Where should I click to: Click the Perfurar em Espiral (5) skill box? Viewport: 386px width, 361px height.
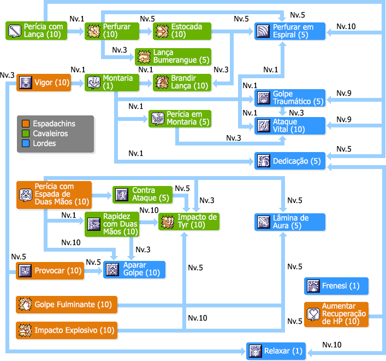click(290, 31)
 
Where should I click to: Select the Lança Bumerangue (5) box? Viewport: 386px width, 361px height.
click(173, 57)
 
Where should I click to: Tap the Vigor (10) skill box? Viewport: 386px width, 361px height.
click(44, 83)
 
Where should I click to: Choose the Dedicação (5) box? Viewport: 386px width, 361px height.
click(290, 161)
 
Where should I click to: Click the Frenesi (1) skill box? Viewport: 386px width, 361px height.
click(336, 286)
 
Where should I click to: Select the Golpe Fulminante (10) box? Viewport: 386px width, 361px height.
click(67, 305)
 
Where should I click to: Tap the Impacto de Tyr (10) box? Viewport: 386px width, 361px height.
click(189, 222)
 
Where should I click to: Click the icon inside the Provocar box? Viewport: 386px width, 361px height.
click(25, 271)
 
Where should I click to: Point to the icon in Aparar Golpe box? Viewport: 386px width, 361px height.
click(112, 270)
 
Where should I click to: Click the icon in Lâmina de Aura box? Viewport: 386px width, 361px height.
click(264, 222)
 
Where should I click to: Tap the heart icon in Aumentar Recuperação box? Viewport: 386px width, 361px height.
click(313, 315)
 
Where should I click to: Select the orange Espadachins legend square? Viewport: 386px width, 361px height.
click(26, 124)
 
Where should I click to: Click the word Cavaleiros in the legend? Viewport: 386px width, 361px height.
click(50, 133)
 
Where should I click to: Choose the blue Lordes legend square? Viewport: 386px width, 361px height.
click(26, 143)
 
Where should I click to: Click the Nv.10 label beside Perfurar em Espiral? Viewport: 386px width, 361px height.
click(346, 26)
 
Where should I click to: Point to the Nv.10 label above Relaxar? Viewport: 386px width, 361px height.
click(332, 345)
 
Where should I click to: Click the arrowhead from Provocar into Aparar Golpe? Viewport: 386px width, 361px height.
click(100, 271)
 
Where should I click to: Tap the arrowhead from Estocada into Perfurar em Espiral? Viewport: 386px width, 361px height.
click(251, 32)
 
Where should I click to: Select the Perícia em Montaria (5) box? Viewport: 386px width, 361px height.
click(180, 119)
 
